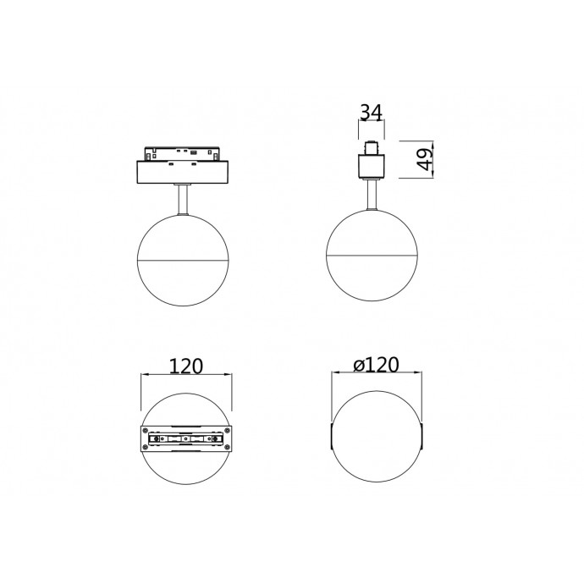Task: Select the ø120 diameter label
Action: [x=376, y=365]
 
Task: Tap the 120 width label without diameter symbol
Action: [x=185, y=366]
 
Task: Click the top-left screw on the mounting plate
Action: [x=146, y=432]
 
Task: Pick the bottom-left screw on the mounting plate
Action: [x=146, y=448]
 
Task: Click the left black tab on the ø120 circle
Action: [x=332, y=439]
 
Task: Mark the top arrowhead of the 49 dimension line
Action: [x=434, y=142]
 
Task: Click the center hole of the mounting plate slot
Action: [x=185, y=439]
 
